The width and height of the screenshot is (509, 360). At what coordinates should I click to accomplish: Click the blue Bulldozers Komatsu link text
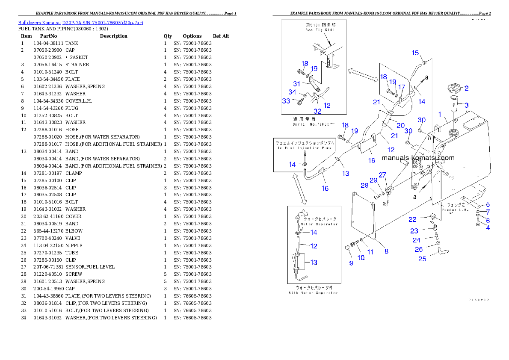coord(80,23)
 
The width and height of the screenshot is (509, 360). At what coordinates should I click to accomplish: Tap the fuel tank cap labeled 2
coord(452,89)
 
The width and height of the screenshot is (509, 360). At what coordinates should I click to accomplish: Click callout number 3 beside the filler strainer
coord(467,105)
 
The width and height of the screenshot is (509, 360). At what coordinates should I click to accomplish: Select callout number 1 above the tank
coord(439,114)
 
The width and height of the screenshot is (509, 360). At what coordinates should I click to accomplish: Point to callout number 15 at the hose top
coord(415,53)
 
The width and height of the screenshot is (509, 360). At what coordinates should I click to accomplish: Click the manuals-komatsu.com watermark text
coord(417,158)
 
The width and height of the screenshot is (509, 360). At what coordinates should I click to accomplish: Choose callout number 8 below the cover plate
coord(386,251)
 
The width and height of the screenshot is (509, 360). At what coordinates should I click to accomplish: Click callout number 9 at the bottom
coord(351,263)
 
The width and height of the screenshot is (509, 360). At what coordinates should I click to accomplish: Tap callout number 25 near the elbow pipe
coord(422,259)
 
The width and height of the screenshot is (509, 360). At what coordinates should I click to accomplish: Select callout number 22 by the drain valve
coord(412,219)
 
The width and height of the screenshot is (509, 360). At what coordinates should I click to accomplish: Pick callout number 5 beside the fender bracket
coord(488,204)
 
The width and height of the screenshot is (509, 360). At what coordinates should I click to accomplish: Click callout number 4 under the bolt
coord(488,227)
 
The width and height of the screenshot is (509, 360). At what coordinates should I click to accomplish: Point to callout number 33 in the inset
coord(286,101)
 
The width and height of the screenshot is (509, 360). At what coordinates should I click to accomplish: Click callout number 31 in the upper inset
coord(296,84)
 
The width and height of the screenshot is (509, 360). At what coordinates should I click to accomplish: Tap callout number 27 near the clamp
coord(382,175)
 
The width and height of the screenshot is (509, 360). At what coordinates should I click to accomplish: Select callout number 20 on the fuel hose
coord(400,125)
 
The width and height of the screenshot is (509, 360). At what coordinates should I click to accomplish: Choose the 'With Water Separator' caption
coord(313,293)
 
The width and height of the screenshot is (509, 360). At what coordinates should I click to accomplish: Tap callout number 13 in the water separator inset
coord(314,262)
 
